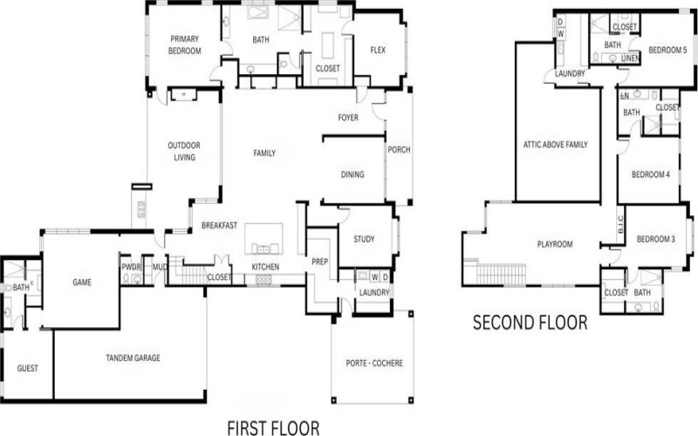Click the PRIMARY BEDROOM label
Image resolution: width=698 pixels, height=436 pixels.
pos(186,44)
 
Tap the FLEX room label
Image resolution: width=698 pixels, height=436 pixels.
pos(378,49)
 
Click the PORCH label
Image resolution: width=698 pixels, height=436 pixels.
pos(398,150)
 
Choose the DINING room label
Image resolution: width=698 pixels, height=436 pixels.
pos(352,174)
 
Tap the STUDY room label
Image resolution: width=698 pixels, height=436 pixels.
pos(364,239)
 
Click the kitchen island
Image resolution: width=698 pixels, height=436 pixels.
pos(264,237)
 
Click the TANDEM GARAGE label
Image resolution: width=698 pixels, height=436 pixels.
pos(133,358)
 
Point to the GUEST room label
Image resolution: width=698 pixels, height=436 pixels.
pos(28,369)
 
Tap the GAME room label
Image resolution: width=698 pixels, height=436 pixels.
pos(82,282)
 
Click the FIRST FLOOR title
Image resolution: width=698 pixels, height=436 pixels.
pos(273,426)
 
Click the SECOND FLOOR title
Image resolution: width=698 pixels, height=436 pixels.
pos(530,324)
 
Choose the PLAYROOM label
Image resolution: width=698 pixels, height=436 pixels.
pos(554,244)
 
